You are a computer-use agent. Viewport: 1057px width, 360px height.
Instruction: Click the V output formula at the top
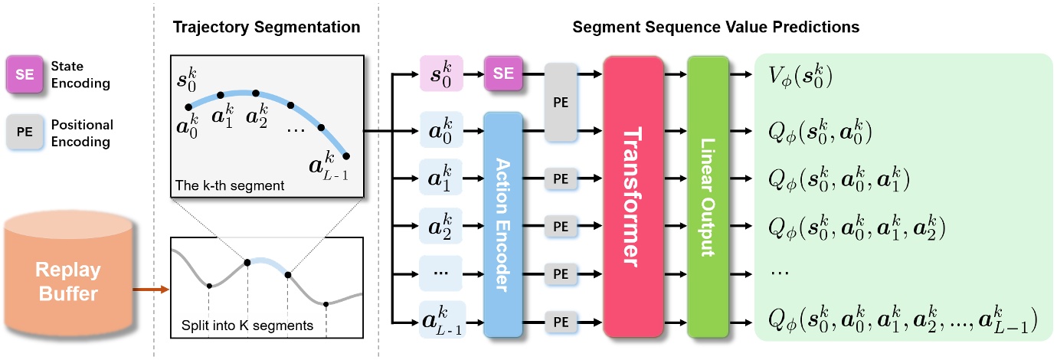(801, 75)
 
